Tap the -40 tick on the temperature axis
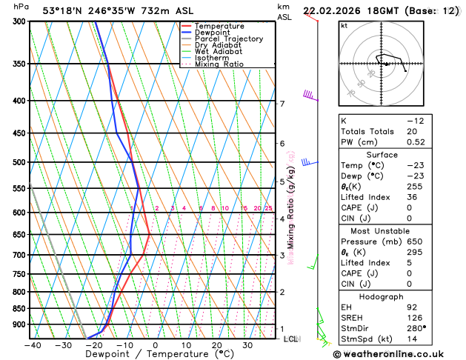pos(33,344)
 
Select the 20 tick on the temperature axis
pos(217,344)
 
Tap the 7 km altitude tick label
pos(282,104)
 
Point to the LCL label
pos(291,339)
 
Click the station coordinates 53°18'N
pos(64,10)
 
